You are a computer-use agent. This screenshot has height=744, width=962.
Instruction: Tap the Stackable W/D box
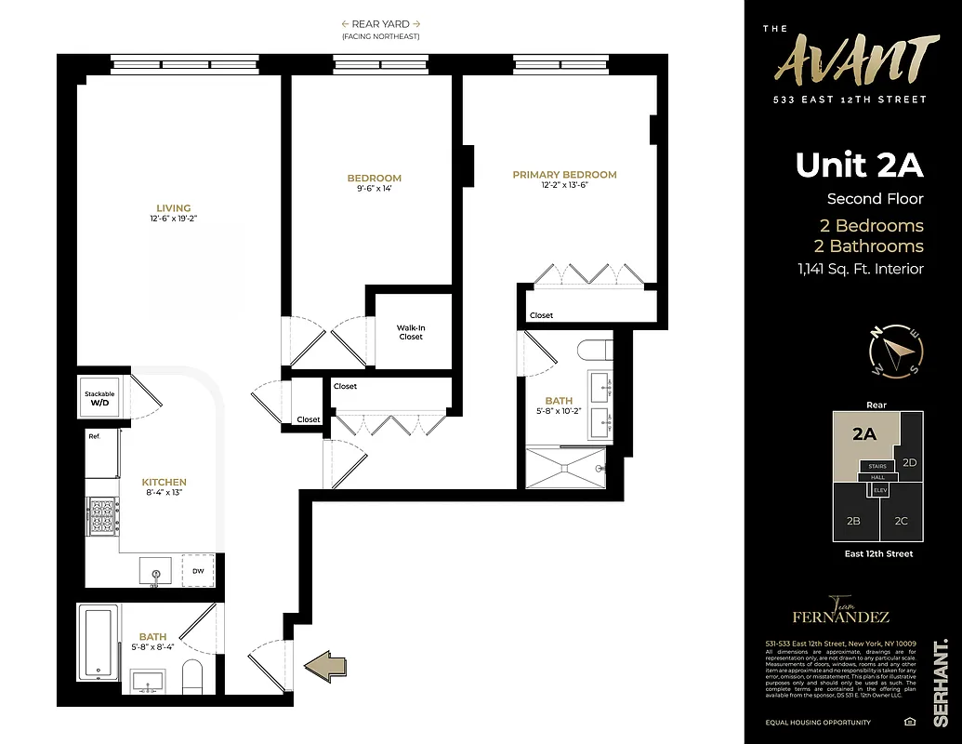coord(99,399)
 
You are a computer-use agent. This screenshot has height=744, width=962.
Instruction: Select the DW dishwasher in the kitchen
coord(198,570)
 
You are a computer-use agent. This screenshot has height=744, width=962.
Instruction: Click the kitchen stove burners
coord(102,516)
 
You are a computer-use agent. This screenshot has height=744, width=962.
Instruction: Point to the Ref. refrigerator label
coord(94,436)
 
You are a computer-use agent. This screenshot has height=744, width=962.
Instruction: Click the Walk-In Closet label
coord(411,332)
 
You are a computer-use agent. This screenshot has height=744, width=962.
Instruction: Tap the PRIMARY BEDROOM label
coord(564,175)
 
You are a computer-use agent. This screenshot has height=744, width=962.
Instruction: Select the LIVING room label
coord(174,208)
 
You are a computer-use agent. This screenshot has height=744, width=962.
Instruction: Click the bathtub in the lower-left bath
coord(98,642)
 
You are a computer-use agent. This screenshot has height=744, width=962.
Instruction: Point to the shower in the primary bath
coord(565,468)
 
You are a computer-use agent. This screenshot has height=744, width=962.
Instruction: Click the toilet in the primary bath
coord(592,351)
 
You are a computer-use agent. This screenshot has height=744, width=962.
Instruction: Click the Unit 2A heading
coord(859,165)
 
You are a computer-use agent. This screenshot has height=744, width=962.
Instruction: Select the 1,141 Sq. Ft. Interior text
coord(860,270)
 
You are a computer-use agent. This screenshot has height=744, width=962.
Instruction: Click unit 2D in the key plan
coord(910,462)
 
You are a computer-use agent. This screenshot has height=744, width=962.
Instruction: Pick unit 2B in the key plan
coord(853,521)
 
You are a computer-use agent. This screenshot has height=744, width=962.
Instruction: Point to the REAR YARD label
coord(380,24)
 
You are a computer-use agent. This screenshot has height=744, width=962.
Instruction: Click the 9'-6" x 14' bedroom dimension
coord(375,190)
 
